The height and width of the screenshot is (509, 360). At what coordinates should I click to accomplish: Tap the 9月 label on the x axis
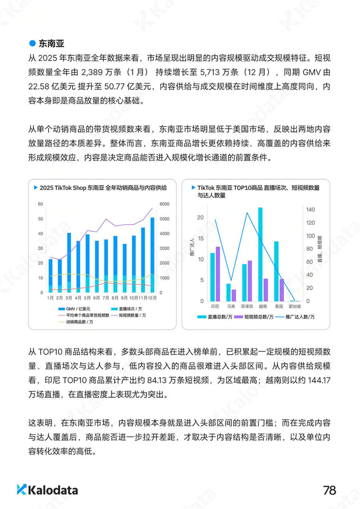pyautogui.click(x=124, y=298)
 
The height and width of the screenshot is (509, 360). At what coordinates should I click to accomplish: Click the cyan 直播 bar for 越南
pyautogui.click(x=260, y=254)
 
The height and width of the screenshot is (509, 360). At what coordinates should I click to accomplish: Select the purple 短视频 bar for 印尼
pyautogui.click(x=218, y=274)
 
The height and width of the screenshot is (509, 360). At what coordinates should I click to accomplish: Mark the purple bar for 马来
pyautogui.click(x=234, y=295)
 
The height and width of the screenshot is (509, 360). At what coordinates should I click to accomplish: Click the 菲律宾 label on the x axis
pyautogui.click(x=247, y=307)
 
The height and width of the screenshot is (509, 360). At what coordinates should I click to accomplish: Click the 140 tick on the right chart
pyautogui.click(x=311, y=210)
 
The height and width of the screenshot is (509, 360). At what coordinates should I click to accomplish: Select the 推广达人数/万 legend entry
pyautogui.click(x=298, y=317)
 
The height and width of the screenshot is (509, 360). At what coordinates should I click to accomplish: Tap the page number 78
pyautogui.click(x=330, y=490)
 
